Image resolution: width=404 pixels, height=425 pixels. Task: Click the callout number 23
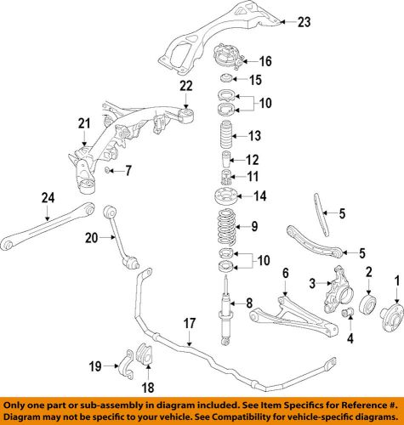[x=304, y=23]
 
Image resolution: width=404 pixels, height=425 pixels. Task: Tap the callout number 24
[x=48, y=199]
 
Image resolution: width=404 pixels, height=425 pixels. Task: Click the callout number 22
[x=186, y=85]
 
